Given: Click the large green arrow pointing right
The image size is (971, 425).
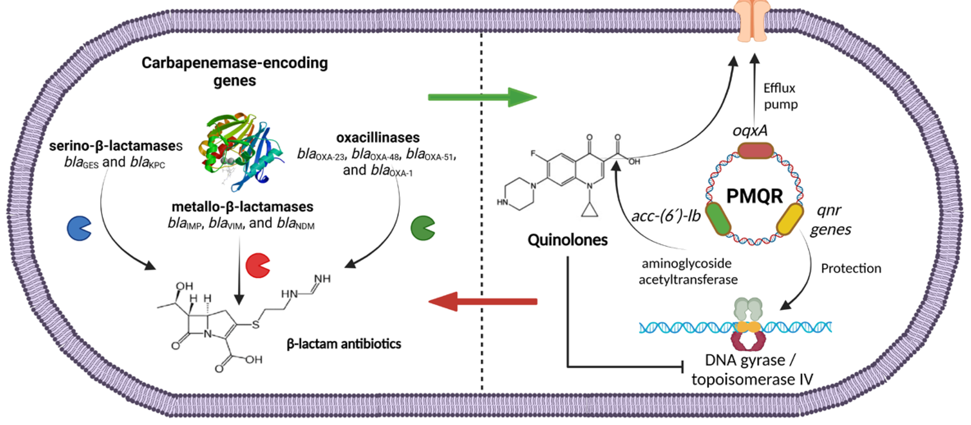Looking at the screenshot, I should coord(482,97).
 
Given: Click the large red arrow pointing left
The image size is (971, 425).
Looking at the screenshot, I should coord(483,302).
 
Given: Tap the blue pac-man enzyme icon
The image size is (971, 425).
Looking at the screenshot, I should coord(79,228).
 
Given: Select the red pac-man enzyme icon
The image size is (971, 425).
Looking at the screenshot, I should coord(257,266).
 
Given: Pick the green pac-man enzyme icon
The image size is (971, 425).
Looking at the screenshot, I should coord(422,228).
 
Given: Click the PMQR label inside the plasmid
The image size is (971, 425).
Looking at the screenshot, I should coord(754,196).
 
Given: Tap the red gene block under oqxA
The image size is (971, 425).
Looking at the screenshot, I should coord(755,151).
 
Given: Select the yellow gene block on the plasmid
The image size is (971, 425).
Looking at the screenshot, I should coord(790,219).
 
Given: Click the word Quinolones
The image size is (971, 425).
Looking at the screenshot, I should coord(568,240).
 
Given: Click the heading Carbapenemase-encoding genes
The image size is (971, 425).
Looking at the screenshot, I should coord(235,71).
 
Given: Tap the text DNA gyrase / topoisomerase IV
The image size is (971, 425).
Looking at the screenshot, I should coord(752,369).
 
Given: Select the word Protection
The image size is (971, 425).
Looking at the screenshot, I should coord(851,268).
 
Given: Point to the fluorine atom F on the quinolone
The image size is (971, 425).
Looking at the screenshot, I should coord(533,154).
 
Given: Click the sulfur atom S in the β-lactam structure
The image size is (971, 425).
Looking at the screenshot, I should coord(255,325).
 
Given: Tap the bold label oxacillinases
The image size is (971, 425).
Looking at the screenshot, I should coord(378,138).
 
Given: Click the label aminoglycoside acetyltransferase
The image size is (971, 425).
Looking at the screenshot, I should coord(688,271).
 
